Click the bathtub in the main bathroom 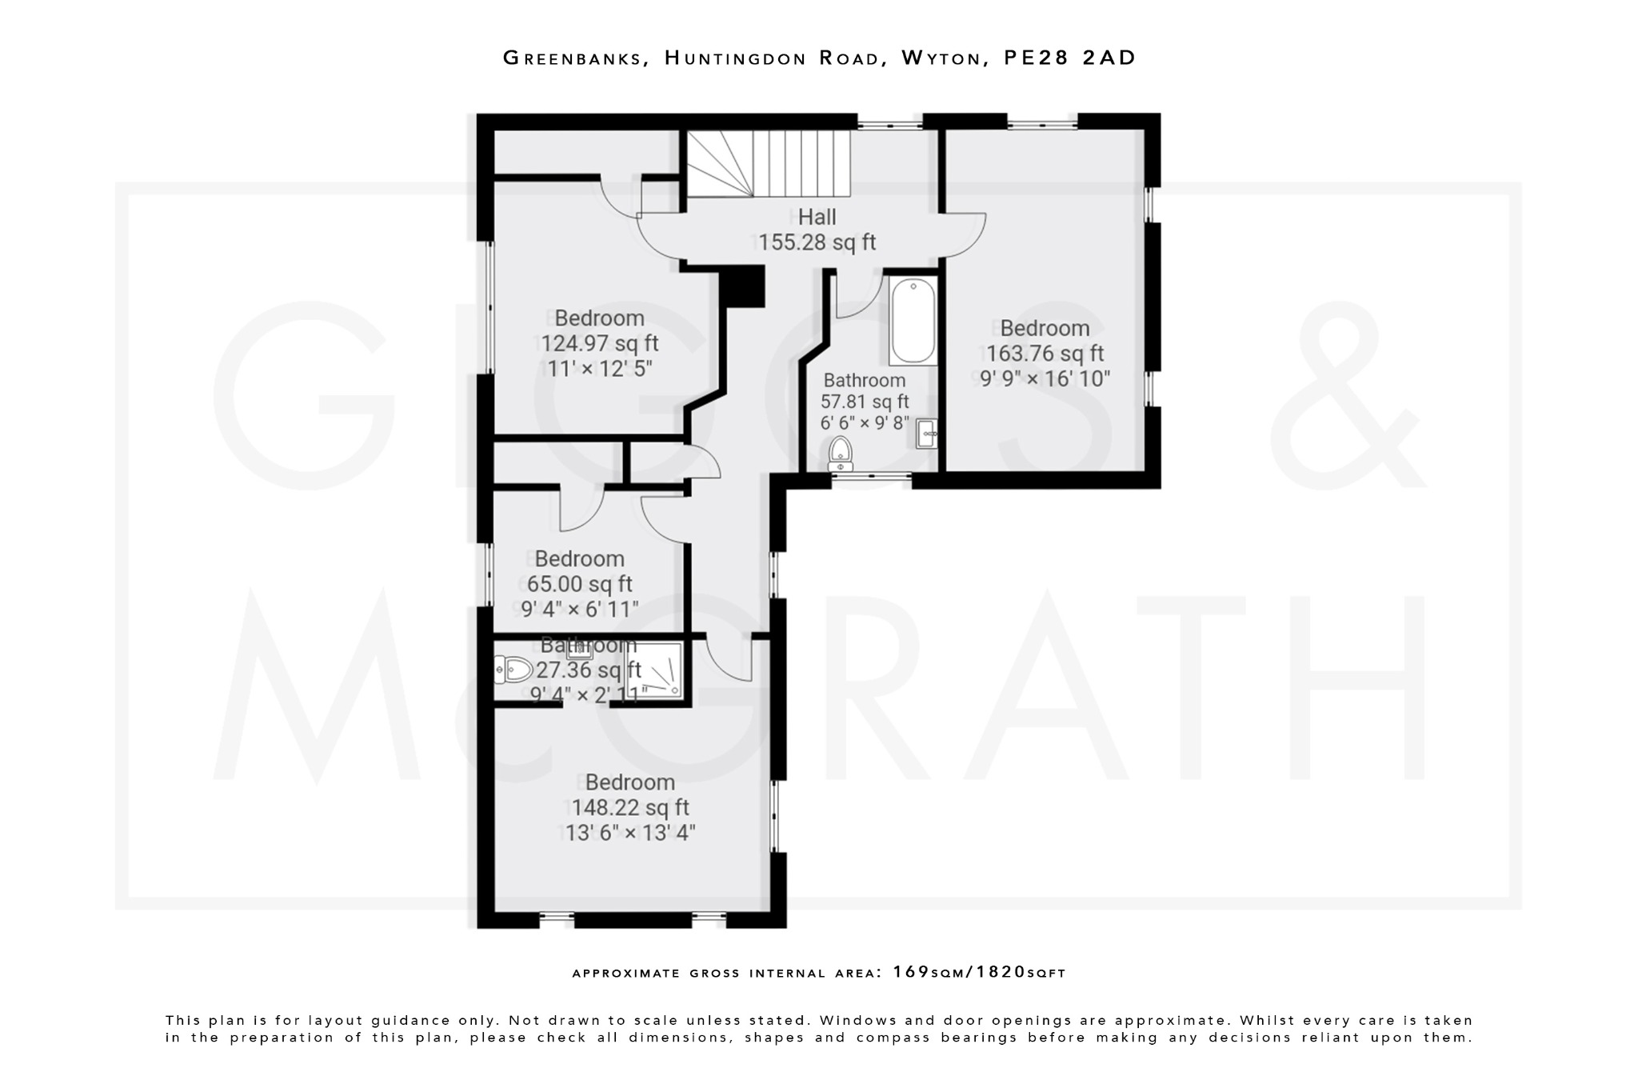pos(913,320)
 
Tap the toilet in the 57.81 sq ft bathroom pos(841,454)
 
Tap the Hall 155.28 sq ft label pos(817,230)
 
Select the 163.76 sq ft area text pos(1045,354)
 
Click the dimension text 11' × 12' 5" pos(599,369)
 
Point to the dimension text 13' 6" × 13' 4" pos(629,833)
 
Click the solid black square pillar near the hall pos(743,286)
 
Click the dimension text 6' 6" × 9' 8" pos(865,422)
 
